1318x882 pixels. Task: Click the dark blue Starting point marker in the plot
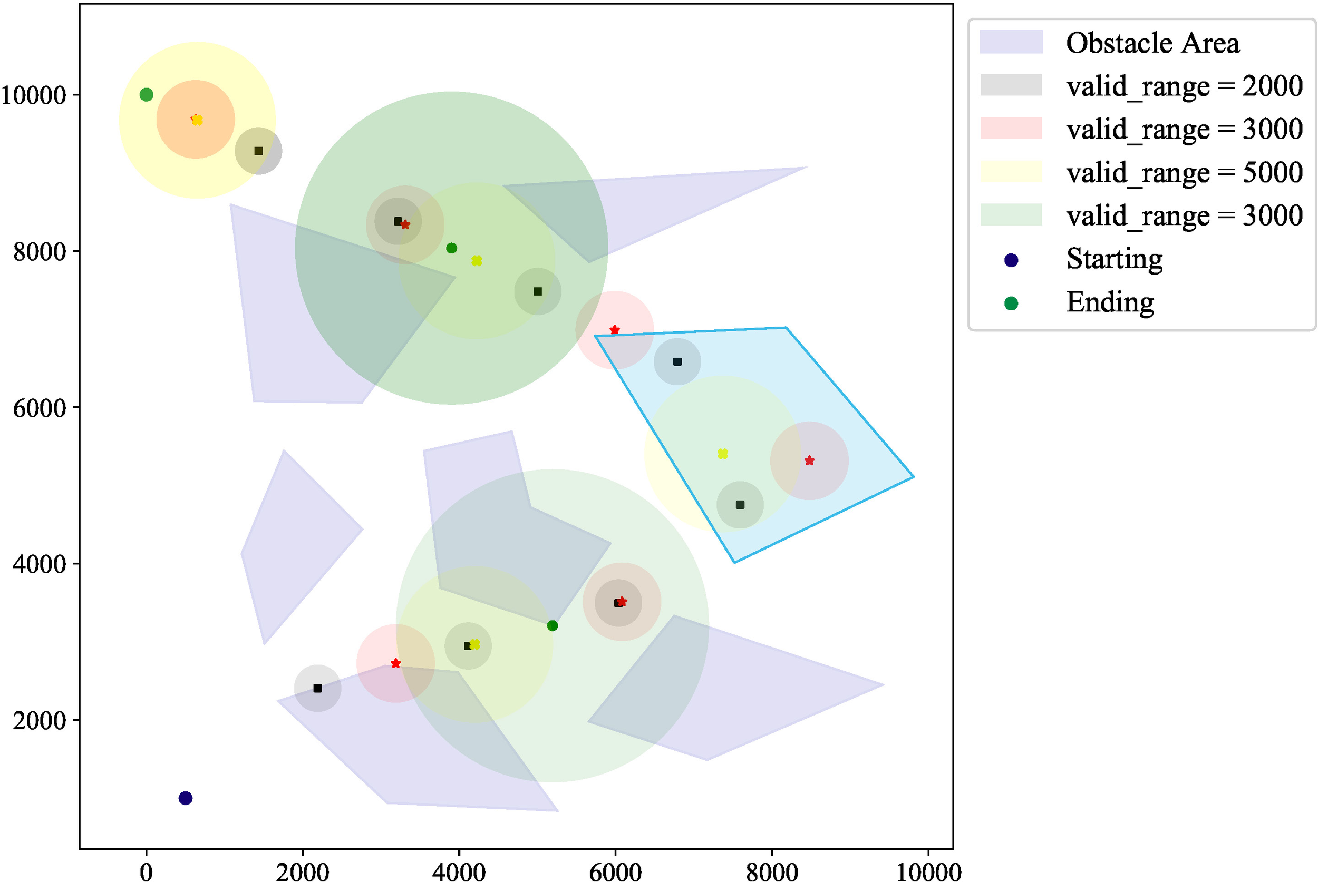click(x=185, y=798)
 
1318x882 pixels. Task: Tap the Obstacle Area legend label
click(x=1152, y=43)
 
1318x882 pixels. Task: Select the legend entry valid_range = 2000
click(x=1184, y=86)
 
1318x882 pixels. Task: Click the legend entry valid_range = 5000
click(x=1184, y=172)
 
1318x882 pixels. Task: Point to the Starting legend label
click(x=1114, y=259)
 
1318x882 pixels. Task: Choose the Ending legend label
click(x=1109, y=302)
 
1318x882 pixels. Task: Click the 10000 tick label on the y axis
click(x=34, y=95)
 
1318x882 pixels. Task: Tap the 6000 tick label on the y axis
click(x=40, y=408)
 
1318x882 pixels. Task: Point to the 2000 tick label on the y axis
click(x=40, y=721)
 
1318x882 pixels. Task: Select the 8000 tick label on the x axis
click(x=771, y=873)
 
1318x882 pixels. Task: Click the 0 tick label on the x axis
click(x=147, y=873)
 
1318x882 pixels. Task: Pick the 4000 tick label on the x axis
click(x=459, y=873)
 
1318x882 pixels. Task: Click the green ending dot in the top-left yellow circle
click(x=147, y=94)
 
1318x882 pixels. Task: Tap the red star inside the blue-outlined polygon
click(x=809, y=460)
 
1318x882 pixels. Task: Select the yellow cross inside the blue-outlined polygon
click(x=723, y=453)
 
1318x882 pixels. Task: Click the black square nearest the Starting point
click(x=317, y=689)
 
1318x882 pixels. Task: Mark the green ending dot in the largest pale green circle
click(x=552, y=625)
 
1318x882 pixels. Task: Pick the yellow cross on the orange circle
click(x=197, y=120)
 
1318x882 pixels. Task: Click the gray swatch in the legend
click(x=1011, y=85)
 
